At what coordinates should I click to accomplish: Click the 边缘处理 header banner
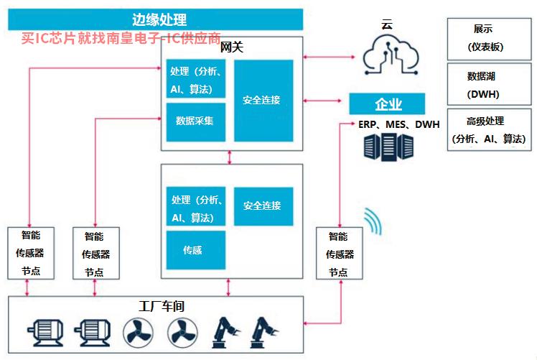click(156, 19)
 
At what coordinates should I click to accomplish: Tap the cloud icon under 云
click(391, 57)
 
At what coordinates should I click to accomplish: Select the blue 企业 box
click(387, 103)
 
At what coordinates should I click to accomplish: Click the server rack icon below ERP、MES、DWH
click(388, 147)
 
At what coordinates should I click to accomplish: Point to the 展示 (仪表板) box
click(489, 39)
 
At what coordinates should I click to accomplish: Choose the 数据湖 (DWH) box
click(489, 83)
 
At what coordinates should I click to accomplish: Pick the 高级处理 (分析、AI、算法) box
click(489, 129)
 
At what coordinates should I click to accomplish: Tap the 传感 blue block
click(196, 250)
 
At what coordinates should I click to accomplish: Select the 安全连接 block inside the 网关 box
click(263, 101)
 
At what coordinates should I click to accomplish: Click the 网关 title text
click(231, 47)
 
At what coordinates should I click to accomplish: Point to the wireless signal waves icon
click(373, 221)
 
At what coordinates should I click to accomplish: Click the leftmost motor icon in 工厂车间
click(45, 332)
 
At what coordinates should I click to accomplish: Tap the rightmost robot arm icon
click(264, 333)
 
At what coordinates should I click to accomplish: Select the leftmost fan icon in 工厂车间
click(138, 332)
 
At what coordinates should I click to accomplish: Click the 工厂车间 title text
click(162, 306)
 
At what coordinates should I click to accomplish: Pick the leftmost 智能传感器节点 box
click(31, 253)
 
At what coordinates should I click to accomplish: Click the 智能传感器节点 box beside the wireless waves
click(339, 253)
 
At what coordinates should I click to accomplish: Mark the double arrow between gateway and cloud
click(329, 57)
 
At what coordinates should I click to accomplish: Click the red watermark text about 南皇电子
click(121, 38)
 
